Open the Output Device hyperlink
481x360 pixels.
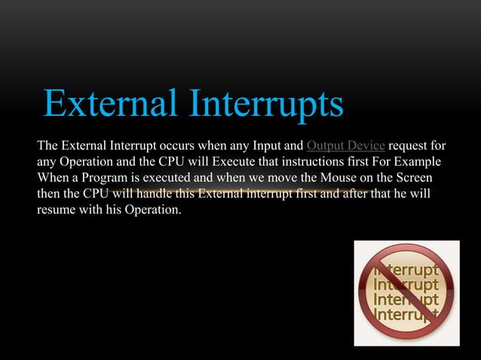pyautogui.click(x=346, y=145)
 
